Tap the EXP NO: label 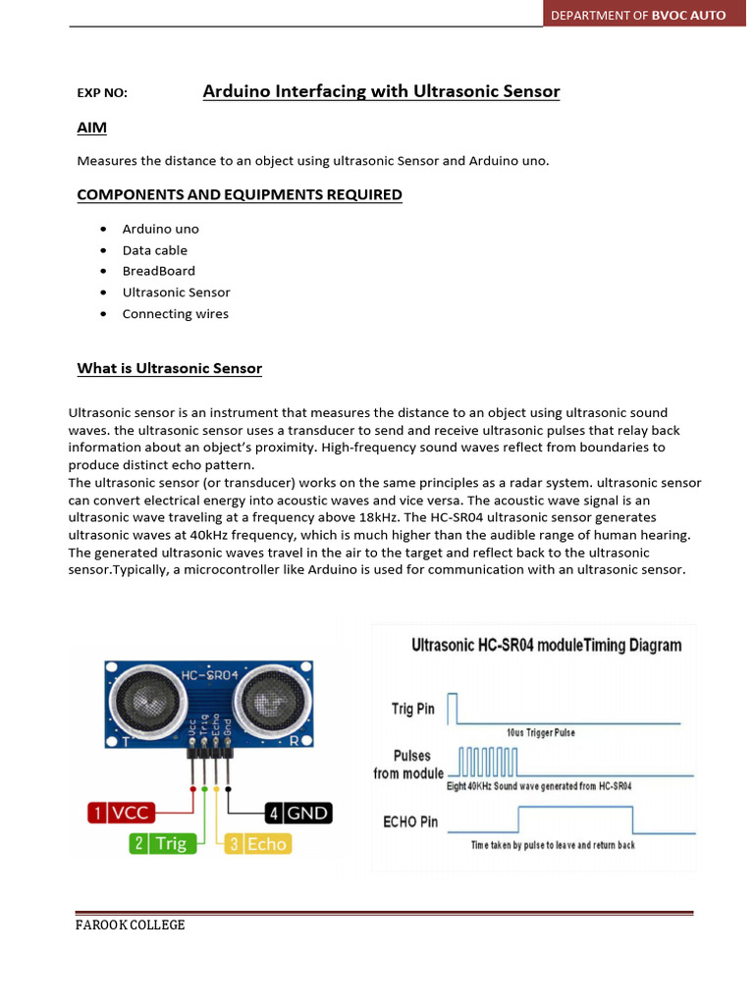[x=102, y=94]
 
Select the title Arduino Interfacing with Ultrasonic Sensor [x=381, y=91]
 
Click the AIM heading [x=92, y=129]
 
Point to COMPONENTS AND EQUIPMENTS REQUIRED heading [x=240, y=194]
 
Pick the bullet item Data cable [x=154, y=250]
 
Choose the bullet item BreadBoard [x=158, y=271]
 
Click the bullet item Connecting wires [x=175, y=314]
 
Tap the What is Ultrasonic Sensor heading [x=170, y=368]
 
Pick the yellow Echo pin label [x=256, y=843]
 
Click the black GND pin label [x=298, y=813]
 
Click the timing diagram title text [x=545, y=645]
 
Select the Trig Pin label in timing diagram [x=413, y=709]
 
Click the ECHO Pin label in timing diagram [x=410, y=821]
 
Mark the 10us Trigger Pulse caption [x=541, y=733]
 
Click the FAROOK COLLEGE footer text [x=131, y=925]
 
